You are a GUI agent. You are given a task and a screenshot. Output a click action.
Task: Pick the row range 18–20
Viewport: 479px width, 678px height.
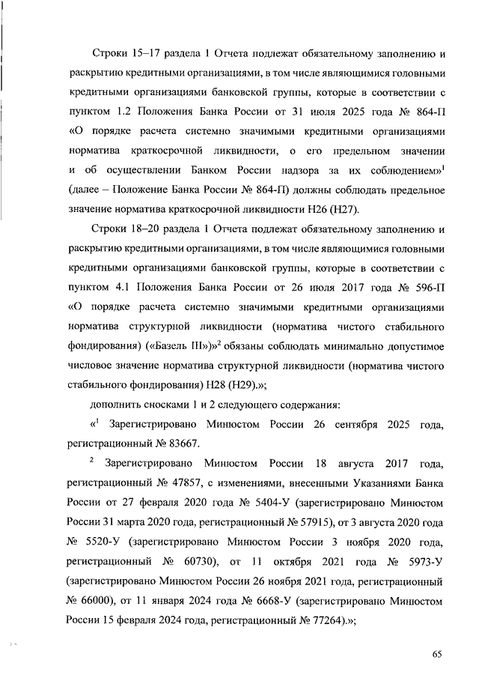pos(140,228)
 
